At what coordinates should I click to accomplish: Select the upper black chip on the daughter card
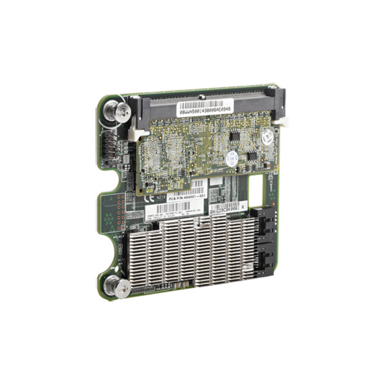(x=237, y=137)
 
